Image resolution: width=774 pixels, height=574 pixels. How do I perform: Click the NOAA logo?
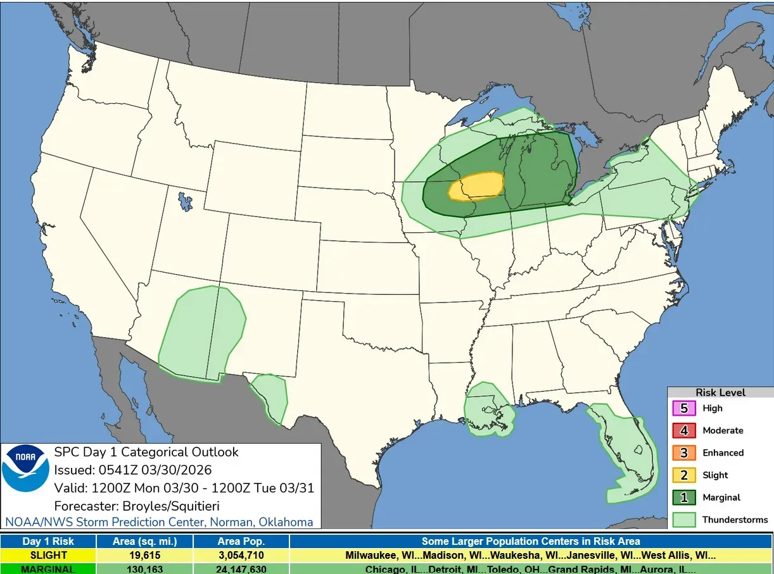pyautogui.click(x=25, y=469)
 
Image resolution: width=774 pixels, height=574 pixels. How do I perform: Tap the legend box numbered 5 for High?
pyautogui.click(x=684, y=408)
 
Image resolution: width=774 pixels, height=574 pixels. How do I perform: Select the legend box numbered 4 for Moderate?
pyautogui.click(x=684, y=430)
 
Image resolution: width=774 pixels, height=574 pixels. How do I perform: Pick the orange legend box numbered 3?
pyautogui.click(x=684, y=453)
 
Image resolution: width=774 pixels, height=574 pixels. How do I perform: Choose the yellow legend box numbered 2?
pyautogui.click(x=684, y=475)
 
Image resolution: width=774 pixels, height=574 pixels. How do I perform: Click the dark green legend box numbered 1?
pyautogui.click(x=684, y=497)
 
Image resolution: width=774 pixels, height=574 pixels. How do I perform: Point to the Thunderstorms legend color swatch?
pyautogui.click(x=684, y=520)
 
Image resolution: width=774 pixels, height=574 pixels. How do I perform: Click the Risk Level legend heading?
pyautogui.click(x=720, y=392)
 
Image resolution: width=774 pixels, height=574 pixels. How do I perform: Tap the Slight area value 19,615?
pyautogui.click(x=144, y=555)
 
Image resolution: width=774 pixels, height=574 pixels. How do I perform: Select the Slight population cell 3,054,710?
pyautogui.click(x=241, y=555)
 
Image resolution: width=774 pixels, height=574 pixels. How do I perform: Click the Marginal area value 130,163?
pyautogui.click(x=144, y=568)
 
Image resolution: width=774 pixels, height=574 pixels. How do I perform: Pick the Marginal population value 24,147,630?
pyautogui.click(x=241, y=568)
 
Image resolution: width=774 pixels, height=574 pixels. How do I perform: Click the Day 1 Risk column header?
pyautogui.click(x=48, y=541)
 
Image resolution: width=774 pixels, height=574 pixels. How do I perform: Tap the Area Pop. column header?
pyautogui.click(x=241, y=541)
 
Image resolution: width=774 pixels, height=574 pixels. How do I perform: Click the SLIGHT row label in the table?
pyautogui.click(x=48, y=555)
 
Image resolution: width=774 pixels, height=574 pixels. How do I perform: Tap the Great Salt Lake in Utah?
pyautogui.click(x=184, y=202)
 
